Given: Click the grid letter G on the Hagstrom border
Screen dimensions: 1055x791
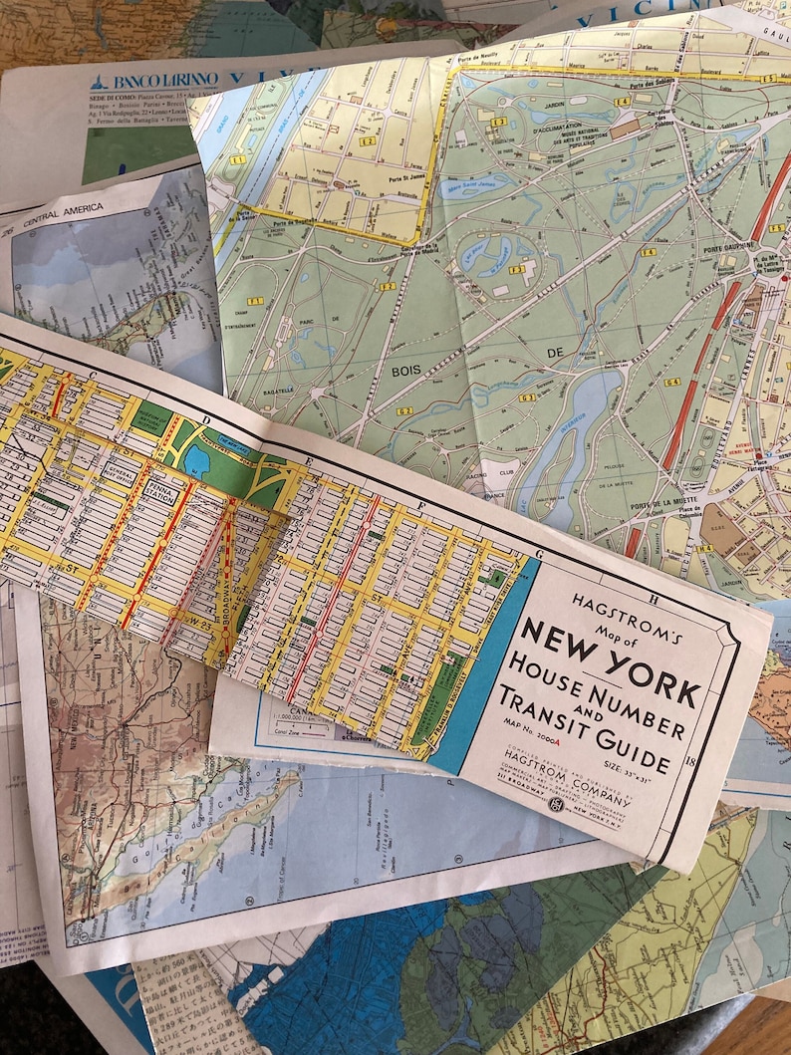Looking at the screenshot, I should click(538, 554).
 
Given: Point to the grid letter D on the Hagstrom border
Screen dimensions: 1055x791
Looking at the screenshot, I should click(204, 419).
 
